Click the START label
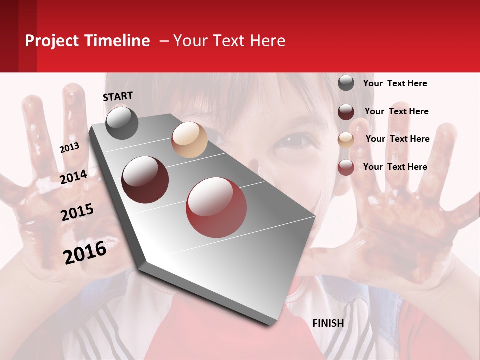(x=118, y=96)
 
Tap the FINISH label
(x=328, y=323)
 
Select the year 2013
(x=69, y=147)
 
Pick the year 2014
(x=74, y=177)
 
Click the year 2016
(x=85, y=253)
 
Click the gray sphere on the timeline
(x=122, y=123)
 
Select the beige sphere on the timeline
(x=189, y=140)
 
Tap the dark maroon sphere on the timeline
(x=145, y=179)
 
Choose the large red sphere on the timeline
(x=216, y=207)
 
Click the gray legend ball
(x=346, y=83)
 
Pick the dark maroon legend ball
(x=346, y=111)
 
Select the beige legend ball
(x=346, y=139)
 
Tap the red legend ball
(x=346, y=167)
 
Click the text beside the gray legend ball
(x=395, y=83)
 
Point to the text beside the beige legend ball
(x=397, y=139)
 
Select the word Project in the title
(x=52, y=41)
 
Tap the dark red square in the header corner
(x=18, y=36)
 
